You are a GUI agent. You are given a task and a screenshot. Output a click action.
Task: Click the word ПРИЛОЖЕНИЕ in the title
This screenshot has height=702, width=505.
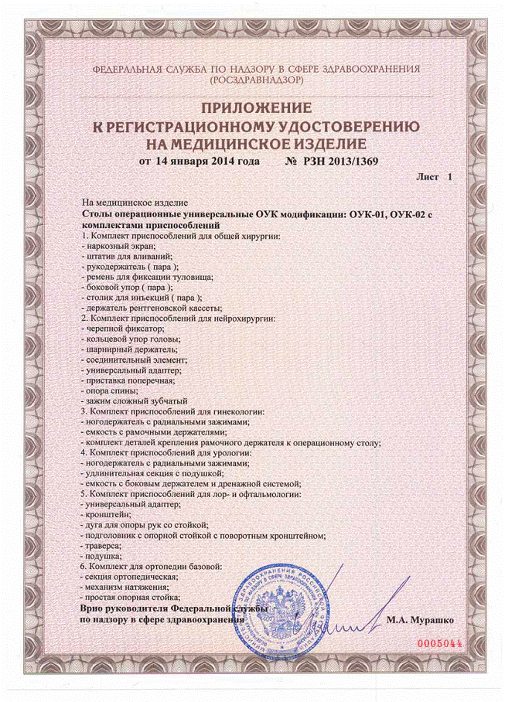[x=252, y=107]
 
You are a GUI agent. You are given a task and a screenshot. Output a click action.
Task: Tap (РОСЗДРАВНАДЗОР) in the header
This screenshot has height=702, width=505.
[x=253, y=80]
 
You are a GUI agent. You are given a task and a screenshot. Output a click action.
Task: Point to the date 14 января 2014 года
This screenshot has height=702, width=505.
[x=196, y=161]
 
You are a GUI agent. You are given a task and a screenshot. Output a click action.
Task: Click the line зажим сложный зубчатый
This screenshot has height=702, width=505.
[x=138, y=401]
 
